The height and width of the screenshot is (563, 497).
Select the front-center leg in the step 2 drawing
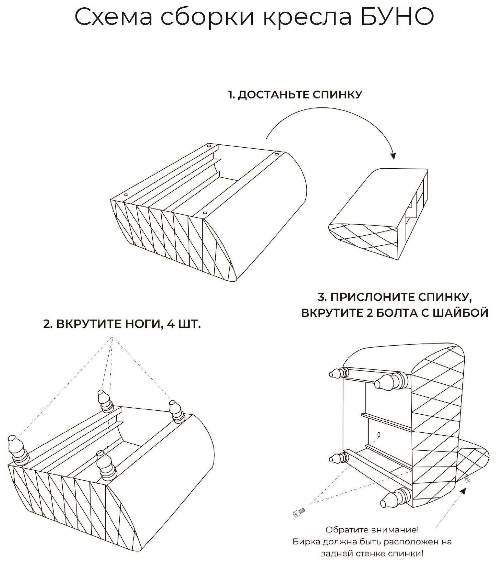(105, 465)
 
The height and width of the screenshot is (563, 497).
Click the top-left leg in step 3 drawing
(338, 373)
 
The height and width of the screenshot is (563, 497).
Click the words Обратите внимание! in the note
(372, 529)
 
